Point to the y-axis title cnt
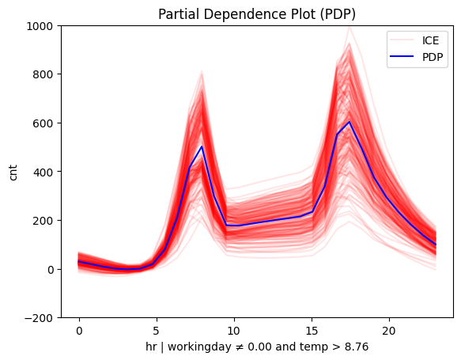[13, 172]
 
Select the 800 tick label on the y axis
[44, 74]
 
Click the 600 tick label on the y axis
[44, 123]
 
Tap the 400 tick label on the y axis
[44, 172]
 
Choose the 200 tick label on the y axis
[44, 221]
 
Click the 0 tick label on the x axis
[79, 329]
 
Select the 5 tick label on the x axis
[157, 329]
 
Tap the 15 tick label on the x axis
[312, 329]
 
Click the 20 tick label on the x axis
[389, 329]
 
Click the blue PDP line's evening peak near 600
[350, 122]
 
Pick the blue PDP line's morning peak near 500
[202, 147]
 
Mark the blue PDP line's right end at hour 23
[435, 244]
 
